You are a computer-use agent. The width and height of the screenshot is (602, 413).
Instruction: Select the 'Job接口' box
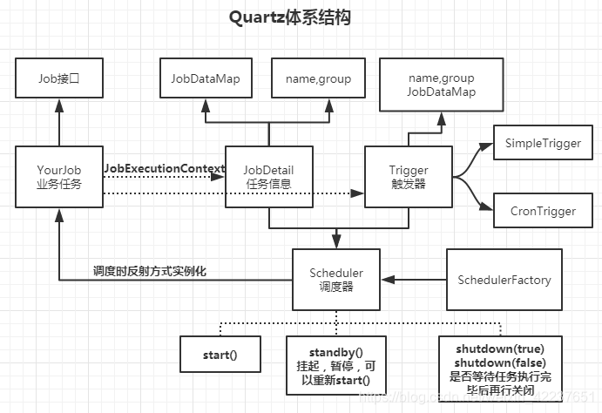[59, 78]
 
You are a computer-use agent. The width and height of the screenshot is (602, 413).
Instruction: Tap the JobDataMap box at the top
[206, 78]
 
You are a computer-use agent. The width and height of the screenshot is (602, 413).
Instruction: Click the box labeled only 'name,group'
[318, 78]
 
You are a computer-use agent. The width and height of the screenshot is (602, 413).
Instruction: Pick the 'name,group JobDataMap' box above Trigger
[441, 85]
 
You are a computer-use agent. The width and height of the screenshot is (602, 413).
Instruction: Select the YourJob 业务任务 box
[59, 176]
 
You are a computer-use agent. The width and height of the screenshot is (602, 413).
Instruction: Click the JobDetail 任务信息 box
[268, 176]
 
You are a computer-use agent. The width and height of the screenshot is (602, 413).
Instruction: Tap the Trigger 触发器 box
[408, 176]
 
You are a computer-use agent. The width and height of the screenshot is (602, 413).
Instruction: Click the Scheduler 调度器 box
[336, 280]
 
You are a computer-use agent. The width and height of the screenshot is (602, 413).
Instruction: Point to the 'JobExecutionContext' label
[164, 167]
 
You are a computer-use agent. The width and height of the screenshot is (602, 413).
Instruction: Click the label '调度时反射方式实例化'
[150, 271]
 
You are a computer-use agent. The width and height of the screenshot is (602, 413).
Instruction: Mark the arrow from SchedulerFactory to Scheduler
[414, 280]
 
